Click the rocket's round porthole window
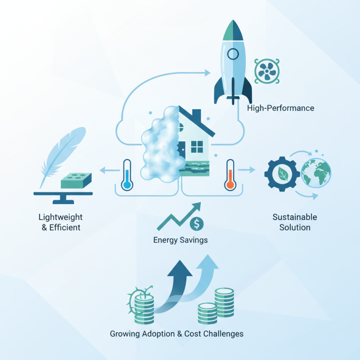click(x=233, y=54)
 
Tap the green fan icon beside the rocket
click(x=267, y=71)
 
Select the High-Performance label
click(x=280, y=108)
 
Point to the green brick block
click(x=76, y=181)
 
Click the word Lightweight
click(x=60, y=217)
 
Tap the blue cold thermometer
click(x=127, y=175)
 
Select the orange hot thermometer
click(x=230, y=175)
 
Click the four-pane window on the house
click(x=197, y=147)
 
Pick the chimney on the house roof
click(x=196, y=115)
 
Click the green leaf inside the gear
click(x=283, y=174)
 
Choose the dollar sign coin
click(x=197, y=224)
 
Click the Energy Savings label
click(x=180, y=240)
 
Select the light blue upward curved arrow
click(x=202, y=280)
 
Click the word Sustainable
click(x=295, y=217)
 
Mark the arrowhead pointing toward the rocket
click(x=207, y=73)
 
